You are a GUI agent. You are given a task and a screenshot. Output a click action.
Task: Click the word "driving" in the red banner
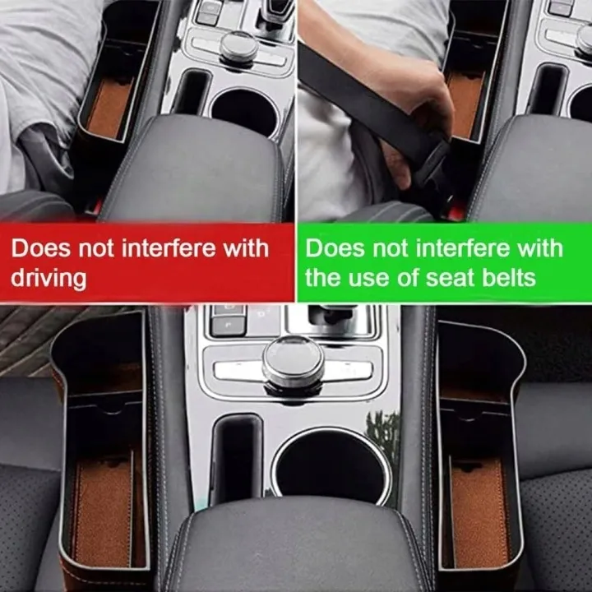coord(49,278)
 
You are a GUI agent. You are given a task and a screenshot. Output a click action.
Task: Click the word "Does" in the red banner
coord(41,248)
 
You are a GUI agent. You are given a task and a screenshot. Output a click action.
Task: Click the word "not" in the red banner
coord(96,249)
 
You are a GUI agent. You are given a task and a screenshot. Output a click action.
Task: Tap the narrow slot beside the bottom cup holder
coord(237,458)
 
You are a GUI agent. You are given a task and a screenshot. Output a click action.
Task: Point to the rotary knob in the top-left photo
coord(239,46)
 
